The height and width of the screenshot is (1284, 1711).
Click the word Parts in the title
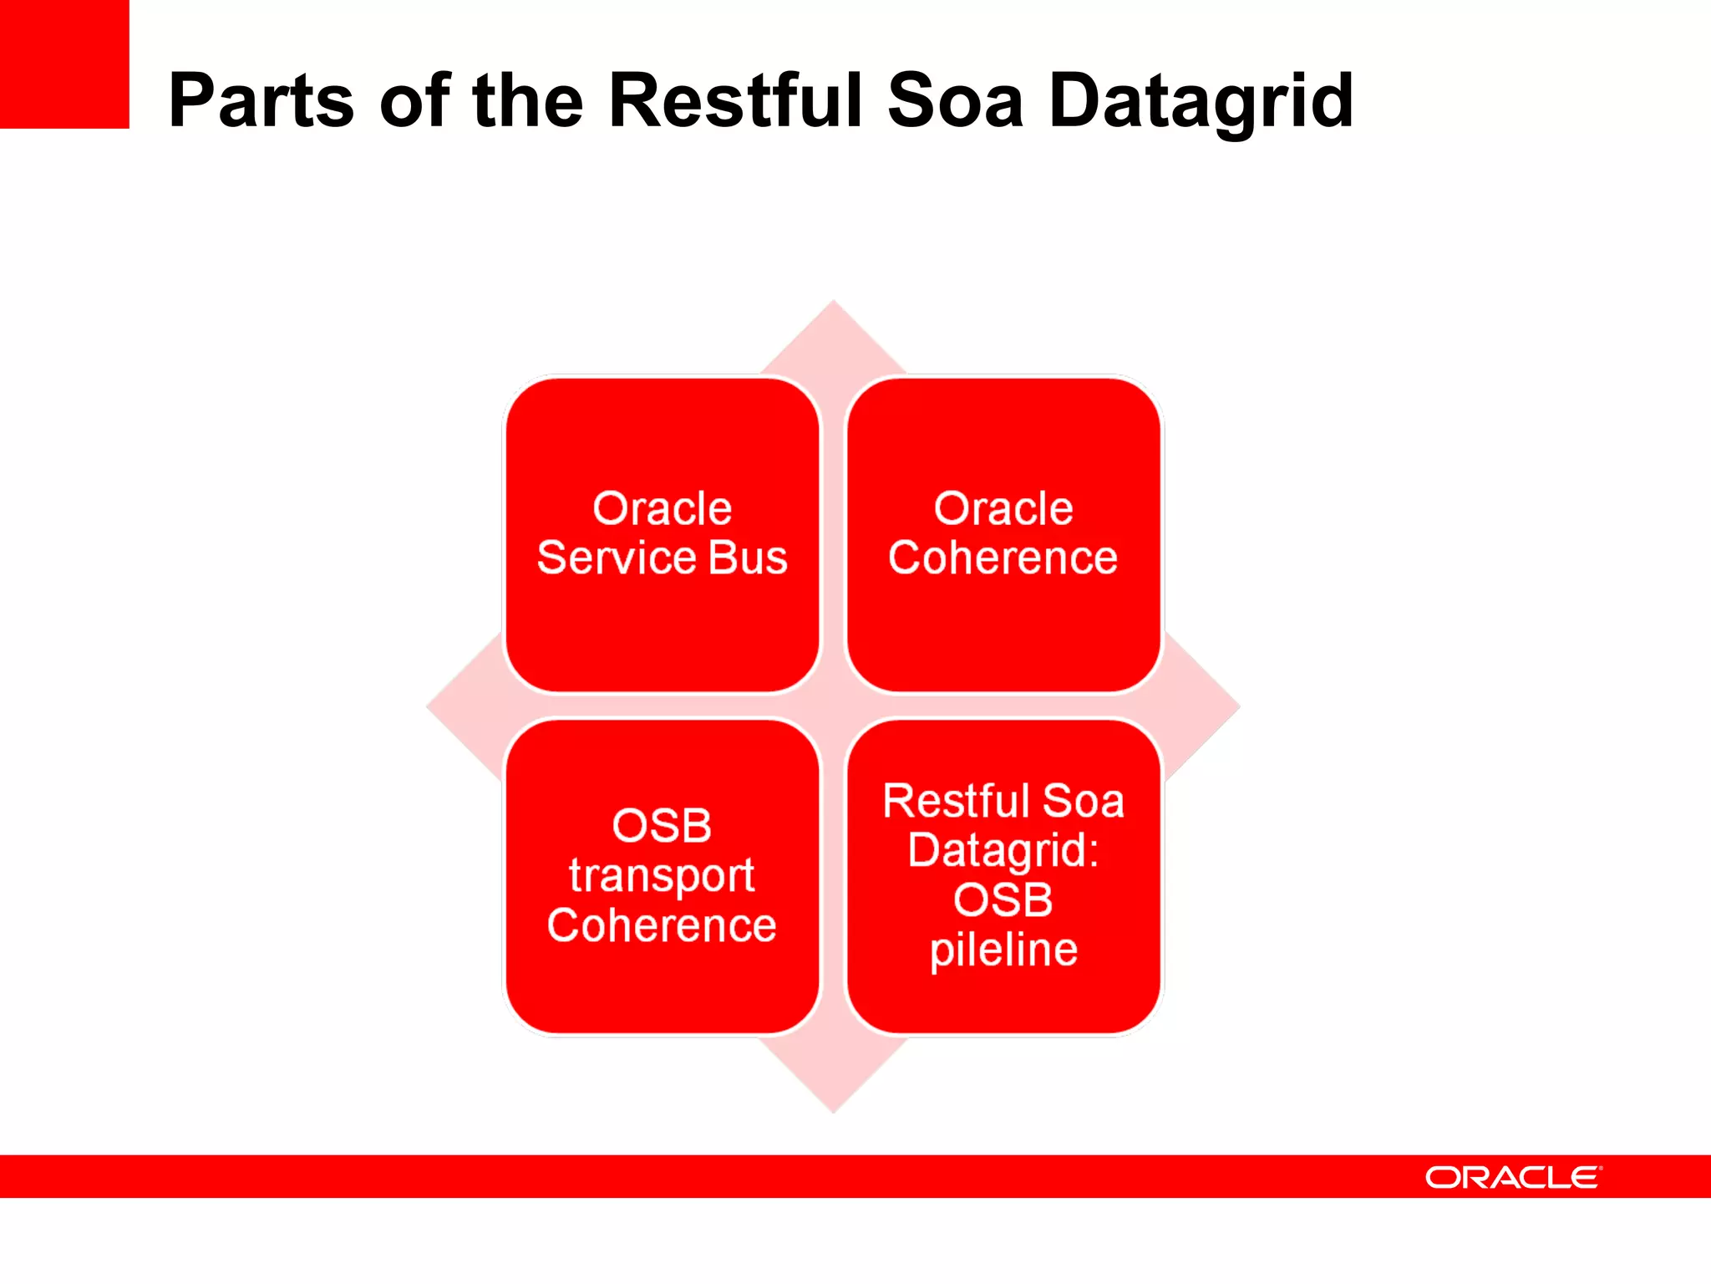click(260, 101)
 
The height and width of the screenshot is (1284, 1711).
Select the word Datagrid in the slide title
click(1201, 102)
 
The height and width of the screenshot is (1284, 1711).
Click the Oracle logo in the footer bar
click(1513, 1177)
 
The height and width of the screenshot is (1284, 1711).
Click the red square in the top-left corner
click(64, 64)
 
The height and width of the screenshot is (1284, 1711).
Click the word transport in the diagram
click(663, 876)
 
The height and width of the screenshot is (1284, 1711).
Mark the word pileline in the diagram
click(1003, 950)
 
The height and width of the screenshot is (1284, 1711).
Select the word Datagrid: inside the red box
click(1003, 851)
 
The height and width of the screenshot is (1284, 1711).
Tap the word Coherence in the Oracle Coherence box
click(1003, 558)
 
